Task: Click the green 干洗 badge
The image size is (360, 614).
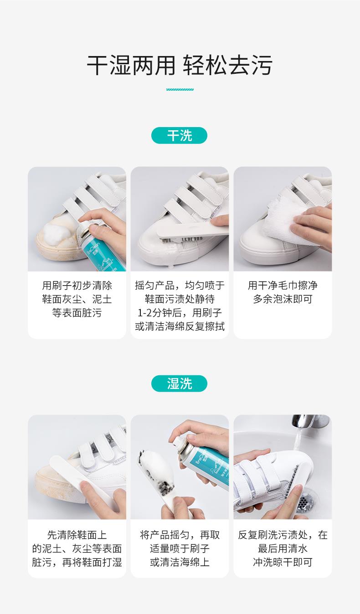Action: [179, 135]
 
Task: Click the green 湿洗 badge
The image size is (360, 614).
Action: [179, 384]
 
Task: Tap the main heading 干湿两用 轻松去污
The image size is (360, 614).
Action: [180, 65]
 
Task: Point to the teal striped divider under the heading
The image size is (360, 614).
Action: [180, 89]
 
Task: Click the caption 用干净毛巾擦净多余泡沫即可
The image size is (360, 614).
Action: [283, 292]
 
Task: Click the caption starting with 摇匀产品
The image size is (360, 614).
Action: [180, 306]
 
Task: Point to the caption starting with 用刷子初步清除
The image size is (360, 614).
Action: [77, 299]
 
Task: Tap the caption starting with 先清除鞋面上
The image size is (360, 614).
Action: [77, 548]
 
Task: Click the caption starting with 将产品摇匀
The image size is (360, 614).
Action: [180, 548]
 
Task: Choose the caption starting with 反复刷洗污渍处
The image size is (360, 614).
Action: [283, 548]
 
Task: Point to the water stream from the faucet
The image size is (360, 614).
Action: [299, 439]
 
